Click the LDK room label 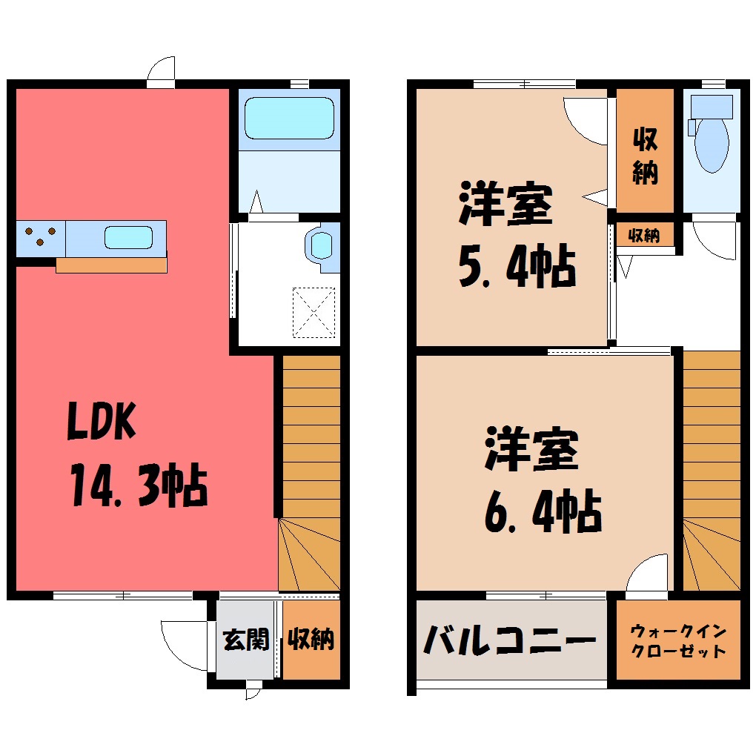pos(102,421)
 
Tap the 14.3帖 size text pos(139,485)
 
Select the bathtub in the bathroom pos(289,118)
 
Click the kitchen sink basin pos(129,238)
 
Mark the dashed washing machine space pos(314,313)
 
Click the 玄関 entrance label pos(246,640)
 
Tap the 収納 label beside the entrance pos(311,640)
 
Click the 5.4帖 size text pos(517,267)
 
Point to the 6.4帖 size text pos(543,511)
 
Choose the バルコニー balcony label pos(510,640)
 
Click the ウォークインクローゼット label pos(678,641)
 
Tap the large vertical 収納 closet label pos(645,155)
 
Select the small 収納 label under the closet pos(644,236)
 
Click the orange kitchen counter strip pos(111,265)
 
